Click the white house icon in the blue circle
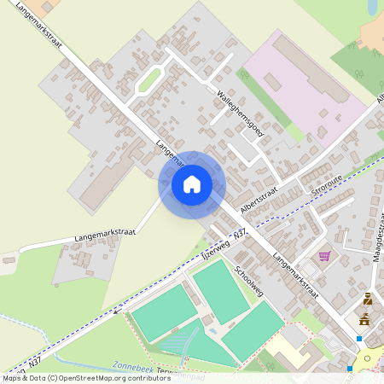(191, 184)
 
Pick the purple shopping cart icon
(324, 255)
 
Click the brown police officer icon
(368, 299)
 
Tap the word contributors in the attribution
(146, 378)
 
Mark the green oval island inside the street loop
(149, 80)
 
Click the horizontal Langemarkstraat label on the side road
(85, 234)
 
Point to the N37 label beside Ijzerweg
(240, 233)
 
